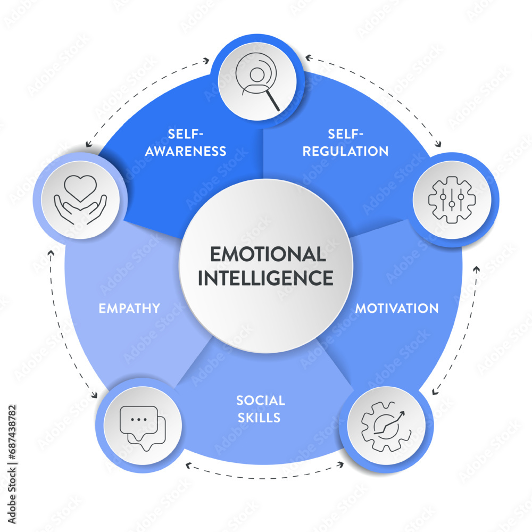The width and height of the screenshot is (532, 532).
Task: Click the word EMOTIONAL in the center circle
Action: [267, 254]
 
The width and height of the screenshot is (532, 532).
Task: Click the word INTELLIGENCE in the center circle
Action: [265, 278]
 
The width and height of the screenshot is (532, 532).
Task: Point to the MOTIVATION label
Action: [397, 308]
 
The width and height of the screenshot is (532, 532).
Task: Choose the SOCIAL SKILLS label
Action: [261, 409]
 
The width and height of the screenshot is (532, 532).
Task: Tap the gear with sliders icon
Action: [452, 199]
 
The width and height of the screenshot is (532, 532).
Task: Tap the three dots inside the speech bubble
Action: [139, 419]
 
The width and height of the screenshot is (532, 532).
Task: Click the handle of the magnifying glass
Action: [272, 103]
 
